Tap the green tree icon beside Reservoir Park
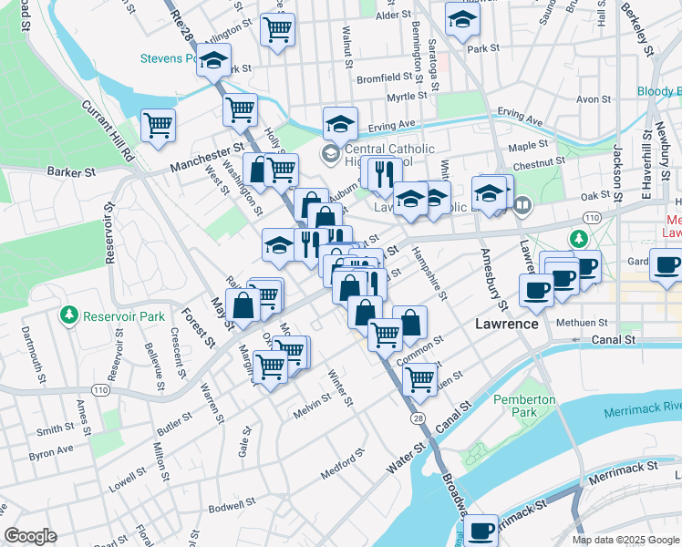click(x=68, y=315)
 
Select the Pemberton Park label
click(x=523, y=406)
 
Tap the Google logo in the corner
click(x=30, y=536)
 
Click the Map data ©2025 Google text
click(x=625, y=540)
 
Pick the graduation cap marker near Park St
click(x=462, y=17)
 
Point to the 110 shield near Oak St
click(x=593, y=217)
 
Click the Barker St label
click(x=71, y=171)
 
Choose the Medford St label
click(x=343, y=463)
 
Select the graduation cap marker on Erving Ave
click(x=340, y=123)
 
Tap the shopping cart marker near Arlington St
click(x=277, y=28)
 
